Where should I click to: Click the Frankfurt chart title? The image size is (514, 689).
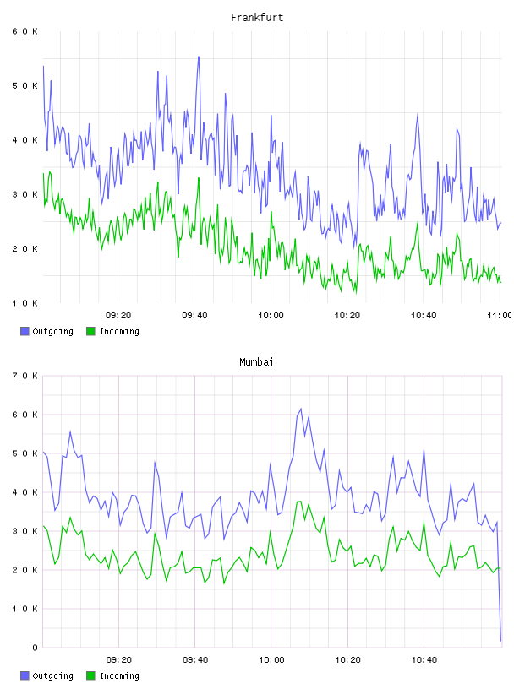click(257, 18)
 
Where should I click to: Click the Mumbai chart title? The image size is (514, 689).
click(256, 362)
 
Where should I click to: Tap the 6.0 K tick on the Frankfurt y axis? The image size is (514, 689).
click(25, 31)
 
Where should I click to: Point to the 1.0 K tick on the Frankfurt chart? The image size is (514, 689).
click(25, 303)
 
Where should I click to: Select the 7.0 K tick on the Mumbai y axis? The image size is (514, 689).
click(25, 376)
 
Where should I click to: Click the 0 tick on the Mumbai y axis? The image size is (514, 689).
click(35, 648)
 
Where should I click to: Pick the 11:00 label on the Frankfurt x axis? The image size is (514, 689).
click(500, 316)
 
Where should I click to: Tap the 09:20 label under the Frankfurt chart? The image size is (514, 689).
click(118, 316)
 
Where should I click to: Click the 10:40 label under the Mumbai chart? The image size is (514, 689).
click(424, 660)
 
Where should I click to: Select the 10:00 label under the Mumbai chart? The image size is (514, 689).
click(271, 660)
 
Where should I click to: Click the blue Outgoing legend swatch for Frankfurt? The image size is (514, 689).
click(25, 331)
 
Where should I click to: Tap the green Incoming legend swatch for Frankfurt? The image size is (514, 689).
click(90, 331)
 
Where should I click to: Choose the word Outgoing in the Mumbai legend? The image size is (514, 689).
click(52, 675)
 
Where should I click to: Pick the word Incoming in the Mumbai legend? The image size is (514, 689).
click(119, 675)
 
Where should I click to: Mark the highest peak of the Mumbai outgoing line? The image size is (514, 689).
click(301, 409)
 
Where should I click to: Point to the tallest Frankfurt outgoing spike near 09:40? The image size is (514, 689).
click(199, 57)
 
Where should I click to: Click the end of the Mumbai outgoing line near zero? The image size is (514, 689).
click(500, 641)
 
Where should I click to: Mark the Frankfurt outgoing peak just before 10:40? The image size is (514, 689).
click(417, 115)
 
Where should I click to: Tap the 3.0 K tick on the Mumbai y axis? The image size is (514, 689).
click(25, 531)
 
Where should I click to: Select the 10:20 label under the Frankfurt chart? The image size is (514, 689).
click(347, 316)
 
